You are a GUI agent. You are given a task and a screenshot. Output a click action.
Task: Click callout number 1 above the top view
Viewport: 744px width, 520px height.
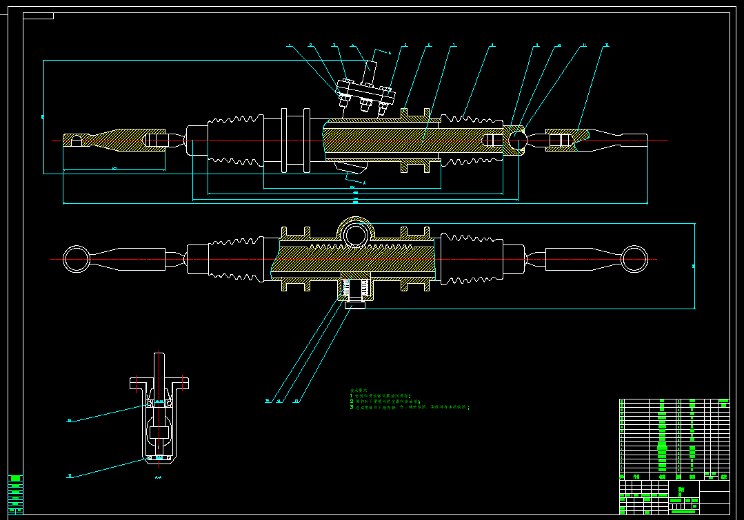pyautogui.click(x=290, y=45)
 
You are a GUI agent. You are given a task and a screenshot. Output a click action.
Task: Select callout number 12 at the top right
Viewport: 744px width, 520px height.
pyautogui.click(x=606, y=45)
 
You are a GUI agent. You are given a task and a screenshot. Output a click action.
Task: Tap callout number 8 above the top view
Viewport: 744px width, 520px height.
pyautogui.click(x=492, y=45)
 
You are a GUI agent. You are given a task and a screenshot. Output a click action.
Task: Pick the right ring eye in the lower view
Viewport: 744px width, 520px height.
pyautogui.click(x=634, y=260)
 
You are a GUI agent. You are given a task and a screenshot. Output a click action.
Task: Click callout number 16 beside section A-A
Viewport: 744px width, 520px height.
pyautogui.click(x=69, y=420)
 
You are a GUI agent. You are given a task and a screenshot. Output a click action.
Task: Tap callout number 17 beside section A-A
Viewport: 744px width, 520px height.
pyautogui.click(x=69, y=475)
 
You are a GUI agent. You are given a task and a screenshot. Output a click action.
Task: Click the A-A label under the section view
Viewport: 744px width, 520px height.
pyautogui.click(x=158, y=477)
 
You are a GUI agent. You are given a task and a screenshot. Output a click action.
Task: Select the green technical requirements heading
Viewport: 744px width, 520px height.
pyautogui.click(x=359, y=391)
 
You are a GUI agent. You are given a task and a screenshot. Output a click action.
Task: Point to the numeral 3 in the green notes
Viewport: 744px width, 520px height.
pyautogui.click(x=351, y=407)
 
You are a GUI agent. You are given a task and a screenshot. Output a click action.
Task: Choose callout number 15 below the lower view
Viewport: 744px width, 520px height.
pyautogui.click(x=267, y=400)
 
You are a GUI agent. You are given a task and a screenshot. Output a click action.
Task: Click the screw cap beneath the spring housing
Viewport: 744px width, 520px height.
pyautogui.click(x=355, y=304)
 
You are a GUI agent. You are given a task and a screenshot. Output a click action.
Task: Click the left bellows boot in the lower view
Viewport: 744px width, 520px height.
pyautogui.click(x=234, y=260)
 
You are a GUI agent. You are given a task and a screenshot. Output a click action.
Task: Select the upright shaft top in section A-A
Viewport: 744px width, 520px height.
pyautogui.click(x=159, y=365)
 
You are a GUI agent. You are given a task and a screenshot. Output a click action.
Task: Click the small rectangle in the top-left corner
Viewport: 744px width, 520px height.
pyautogui.click(x=38, y=17)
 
